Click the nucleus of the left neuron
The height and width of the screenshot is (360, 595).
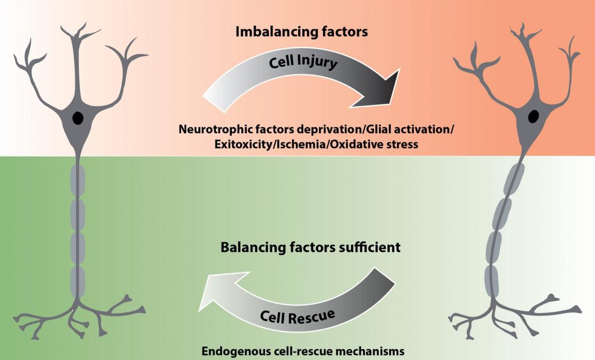[x=77, y=118]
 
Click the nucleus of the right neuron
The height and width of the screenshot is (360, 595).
[x=532, y=118]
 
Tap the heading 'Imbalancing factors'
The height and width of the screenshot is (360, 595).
[x=302, y=32]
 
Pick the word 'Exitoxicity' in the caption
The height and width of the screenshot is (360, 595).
[x=240, y=144]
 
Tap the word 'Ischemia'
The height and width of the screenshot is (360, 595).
[x=297, y=144]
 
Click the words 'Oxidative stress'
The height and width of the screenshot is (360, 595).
[x=369, y=144]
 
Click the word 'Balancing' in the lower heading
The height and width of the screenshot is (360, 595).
[x=253, y=248]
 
